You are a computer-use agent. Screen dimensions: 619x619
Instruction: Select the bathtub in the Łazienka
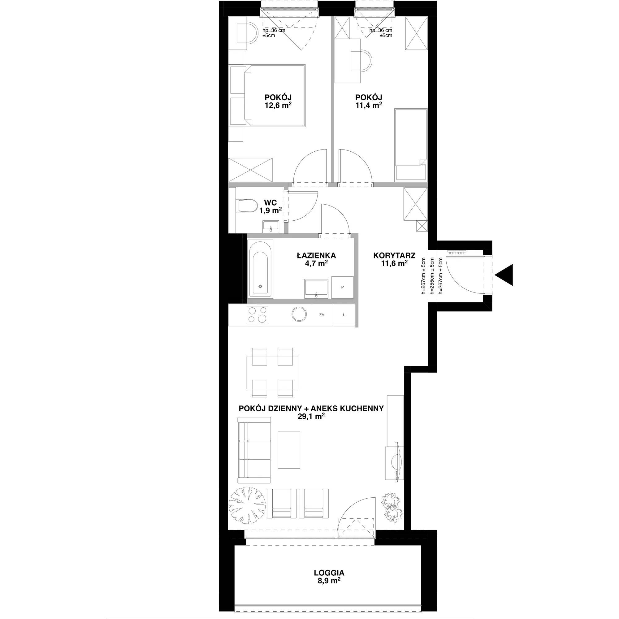261,269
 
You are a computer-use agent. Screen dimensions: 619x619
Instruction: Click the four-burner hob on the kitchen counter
258,315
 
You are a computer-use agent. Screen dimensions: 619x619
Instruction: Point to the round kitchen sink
299,315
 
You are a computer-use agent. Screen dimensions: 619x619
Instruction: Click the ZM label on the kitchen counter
322,315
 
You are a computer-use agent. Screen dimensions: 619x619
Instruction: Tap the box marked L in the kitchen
344,315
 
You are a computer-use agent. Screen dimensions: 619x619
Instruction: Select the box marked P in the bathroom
343,288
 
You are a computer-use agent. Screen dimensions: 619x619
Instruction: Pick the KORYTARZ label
394,256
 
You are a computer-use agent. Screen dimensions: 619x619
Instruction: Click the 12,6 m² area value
278,105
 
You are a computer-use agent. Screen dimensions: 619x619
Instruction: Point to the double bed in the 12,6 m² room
266,95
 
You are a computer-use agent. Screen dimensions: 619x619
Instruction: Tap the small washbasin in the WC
271,226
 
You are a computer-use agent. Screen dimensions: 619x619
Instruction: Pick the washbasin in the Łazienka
317,289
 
